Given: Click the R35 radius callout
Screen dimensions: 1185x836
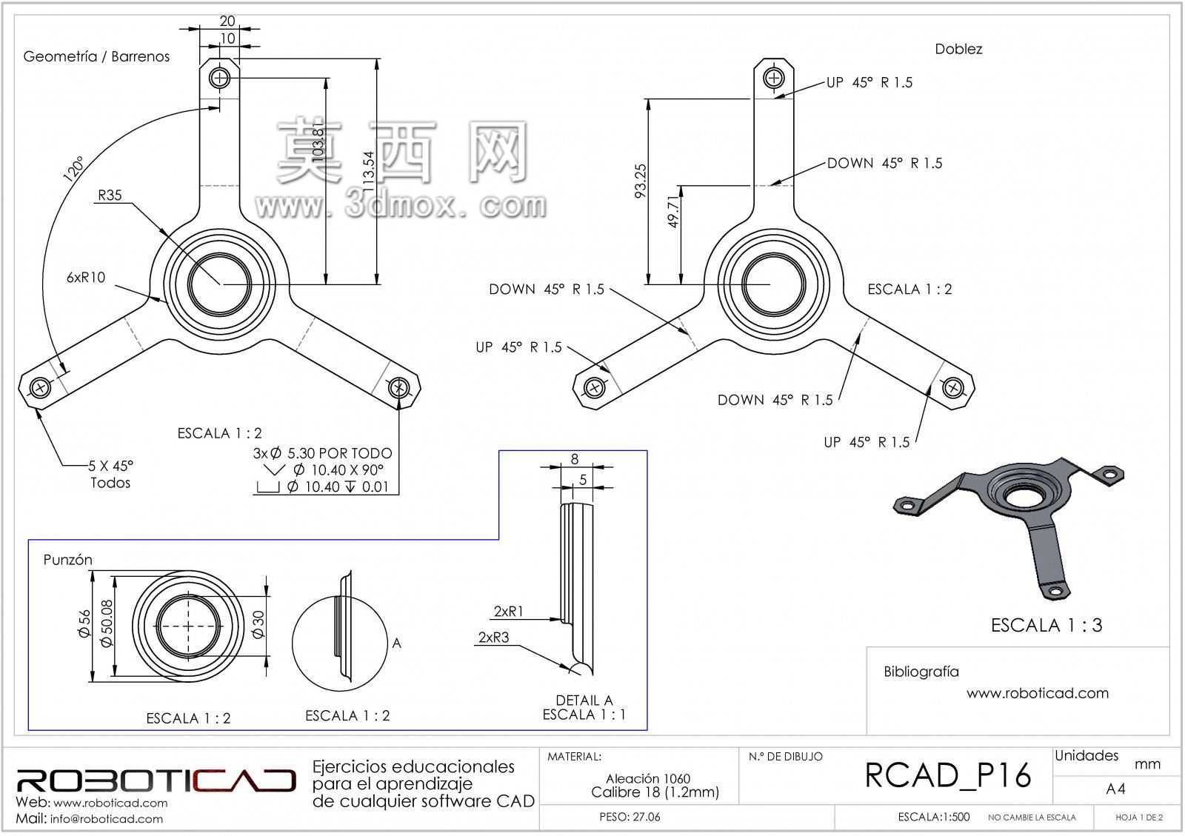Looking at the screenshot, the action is (x=110, y=195).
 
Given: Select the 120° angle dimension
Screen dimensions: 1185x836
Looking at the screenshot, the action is (x=73, y=169).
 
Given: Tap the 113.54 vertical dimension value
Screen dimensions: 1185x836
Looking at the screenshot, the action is (x=368, y=172).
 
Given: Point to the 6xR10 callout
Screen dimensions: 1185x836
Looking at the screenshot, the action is (x=86, y=277).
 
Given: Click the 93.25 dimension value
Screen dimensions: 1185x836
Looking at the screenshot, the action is (x=640, y=181).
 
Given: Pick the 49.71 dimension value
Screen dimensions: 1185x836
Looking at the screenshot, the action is (x=673, y=212).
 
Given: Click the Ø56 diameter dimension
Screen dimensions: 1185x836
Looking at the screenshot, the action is (x=84, y=624).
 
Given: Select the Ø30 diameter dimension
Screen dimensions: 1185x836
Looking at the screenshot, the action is (x=258, y=624).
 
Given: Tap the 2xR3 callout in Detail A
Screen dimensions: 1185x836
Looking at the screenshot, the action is (x=493, y=637).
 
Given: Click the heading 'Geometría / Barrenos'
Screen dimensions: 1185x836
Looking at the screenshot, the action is (x=96, y=56).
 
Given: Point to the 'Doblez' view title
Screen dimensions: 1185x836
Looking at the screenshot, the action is (x=958, y=49).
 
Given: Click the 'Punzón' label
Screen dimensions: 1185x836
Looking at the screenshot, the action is (x=67, y=560).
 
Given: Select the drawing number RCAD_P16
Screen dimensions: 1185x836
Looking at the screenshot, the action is (x=948, y=775).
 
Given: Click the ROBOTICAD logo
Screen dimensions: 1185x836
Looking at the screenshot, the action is (x=156, y=780).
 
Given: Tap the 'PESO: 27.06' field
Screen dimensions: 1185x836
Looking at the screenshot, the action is (x=630, y=817).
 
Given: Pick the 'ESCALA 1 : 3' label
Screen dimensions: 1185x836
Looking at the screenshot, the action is (x=1047, y=625).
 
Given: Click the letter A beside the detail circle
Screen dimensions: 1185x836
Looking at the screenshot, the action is (x=397, y=643).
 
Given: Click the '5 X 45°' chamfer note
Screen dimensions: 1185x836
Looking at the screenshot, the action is (x=110, y=466).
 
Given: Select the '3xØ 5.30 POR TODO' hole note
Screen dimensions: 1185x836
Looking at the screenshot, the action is (x=323, y=453).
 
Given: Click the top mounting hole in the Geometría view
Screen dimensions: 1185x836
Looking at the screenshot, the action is (x=219, y=78).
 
